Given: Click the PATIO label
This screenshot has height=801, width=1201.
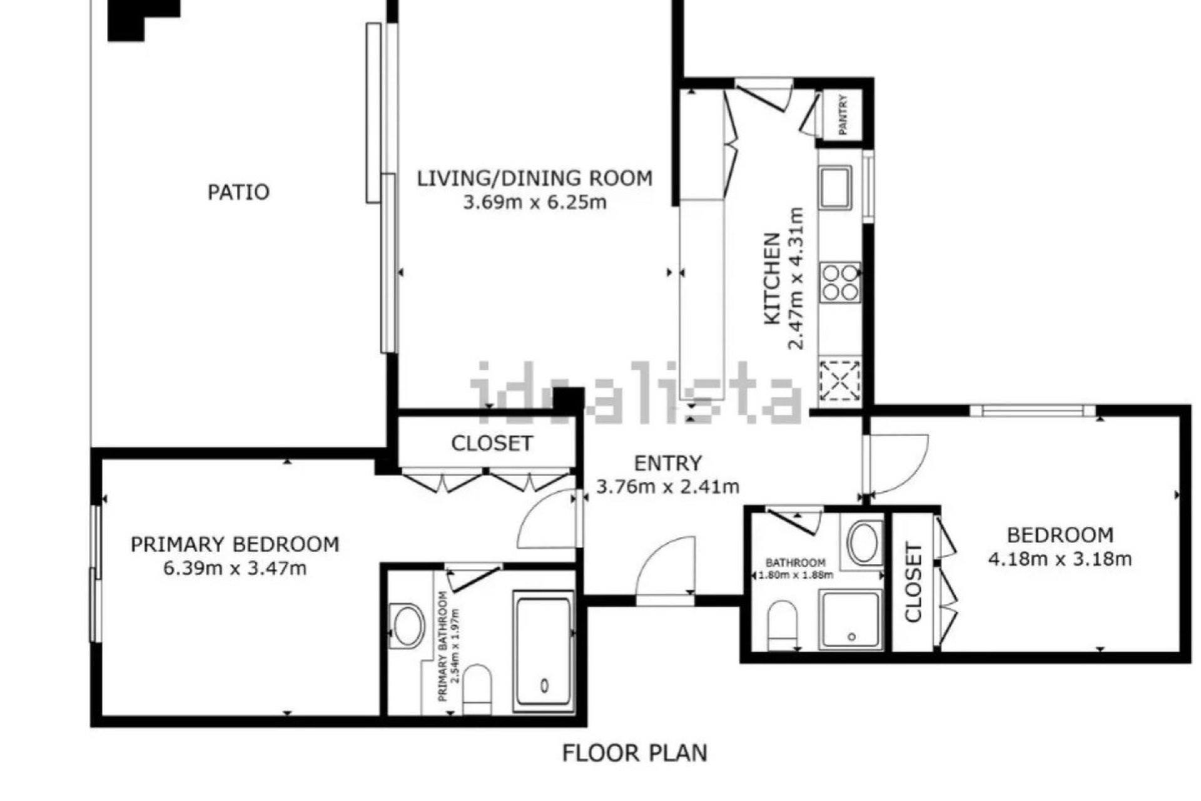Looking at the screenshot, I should pyautogui.click(x=238, y=191).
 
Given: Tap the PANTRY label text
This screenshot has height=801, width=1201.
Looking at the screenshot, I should pyautogui.click(x=843, y=115).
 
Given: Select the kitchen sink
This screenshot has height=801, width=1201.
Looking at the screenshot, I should pyautogui.click(x=836, y=187).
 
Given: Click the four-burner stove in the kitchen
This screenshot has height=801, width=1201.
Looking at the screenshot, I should pyautogui.click(x=840, y=282).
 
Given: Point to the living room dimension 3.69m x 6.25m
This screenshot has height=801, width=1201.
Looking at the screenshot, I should pyautogui.click(x=534, y=202).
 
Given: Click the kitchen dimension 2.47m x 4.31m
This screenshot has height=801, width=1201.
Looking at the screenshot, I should pyautogui.click(x=796, y=278).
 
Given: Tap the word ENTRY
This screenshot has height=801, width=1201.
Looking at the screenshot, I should pyautogui.click(x=667, y=463).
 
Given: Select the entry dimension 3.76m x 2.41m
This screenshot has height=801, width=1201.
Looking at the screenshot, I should pyautogui.click(x=667, y=486).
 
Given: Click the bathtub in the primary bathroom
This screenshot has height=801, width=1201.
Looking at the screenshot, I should pyautogui.click(x=543, y=652).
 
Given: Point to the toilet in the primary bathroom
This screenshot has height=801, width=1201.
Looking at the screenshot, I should pyautogui.click(x=478, y=688).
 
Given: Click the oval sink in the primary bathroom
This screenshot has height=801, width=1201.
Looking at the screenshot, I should pyautogui.click(x=406, y=625).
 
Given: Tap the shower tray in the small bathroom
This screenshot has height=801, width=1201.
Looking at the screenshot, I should pyautogui.click(x=851, y=619).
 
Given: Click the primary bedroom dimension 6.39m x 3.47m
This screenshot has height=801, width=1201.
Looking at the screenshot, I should pyautogui.click(x=235, y=569).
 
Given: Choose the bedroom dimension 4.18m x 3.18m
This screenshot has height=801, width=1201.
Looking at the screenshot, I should pyautogui.click(x=1060, y=558).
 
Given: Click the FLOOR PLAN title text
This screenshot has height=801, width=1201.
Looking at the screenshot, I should pyautogui.click(x=634, y=753).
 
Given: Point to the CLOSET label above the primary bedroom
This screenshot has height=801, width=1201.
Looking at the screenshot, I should pyautogui.click(x=492, y=444).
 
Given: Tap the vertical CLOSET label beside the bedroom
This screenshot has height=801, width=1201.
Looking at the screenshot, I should pyautogui.click(x=913, y=583).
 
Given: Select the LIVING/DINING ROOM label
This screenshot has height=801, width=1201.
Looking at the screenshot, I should pyautogui.click(x=534, y=178).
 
